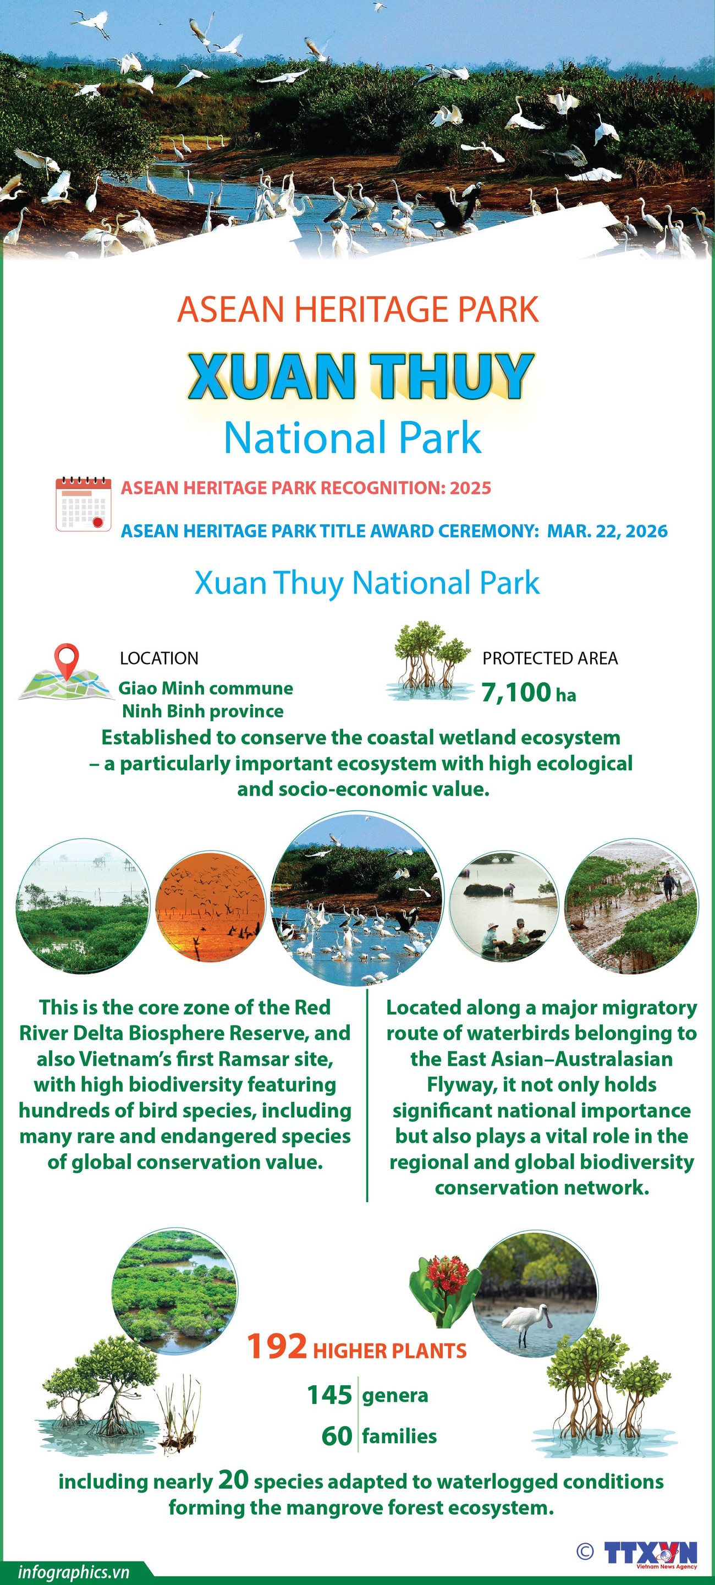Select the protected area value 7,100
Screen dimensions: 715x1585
point(516,692)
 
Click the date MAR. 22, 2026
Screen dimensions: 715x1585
point(607,531)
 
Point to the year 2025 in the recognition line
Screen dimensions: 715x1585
point(471,488)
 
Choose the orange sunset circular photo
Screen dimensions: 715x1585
point(211,906)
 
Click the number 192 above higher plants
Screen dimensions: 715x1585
point(277,1346)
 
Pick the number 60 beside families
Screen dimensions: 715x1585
point(337,1436)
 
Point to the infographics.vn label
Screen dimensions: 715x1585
point(74,1572)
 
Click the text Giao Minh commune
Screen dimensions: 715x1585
point(206,688)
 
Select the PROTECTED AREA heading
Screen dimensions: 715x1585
point(550,659)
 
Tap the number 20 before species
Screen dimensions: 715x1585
point(233,1480)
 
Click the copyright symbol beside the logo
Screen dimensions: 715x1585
point(585,1551)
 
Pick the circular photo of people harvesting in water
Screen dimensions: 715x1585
point(504,906)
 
